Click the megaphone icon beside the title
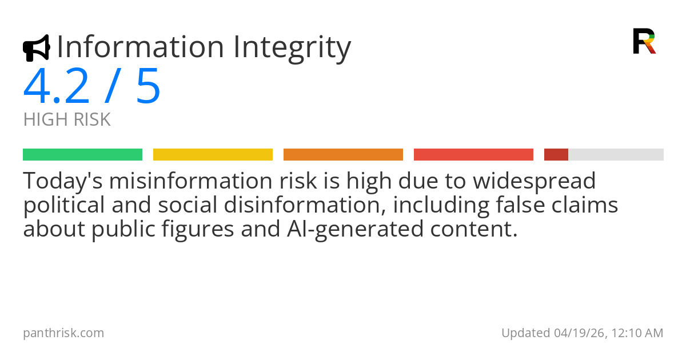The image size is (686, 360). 36,48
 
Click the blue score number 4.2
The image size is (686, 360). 57,87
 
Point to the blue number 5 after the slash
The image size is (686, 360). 148,87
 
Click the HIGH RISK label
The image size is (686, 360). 67,120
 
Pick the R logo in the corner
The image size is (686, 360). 644,41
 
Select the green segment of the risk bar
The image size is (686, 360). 82,154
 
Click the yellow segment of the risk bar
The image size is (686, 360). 213,154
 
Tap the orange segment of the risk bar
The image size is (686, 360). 343,154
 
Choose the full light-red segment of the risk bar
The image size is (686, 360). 473,154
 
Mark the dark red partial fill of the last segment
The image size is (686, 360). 556,154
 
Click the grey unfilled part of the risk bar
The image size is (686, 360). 616,154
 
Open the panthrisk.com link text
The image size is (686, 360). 63,333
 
